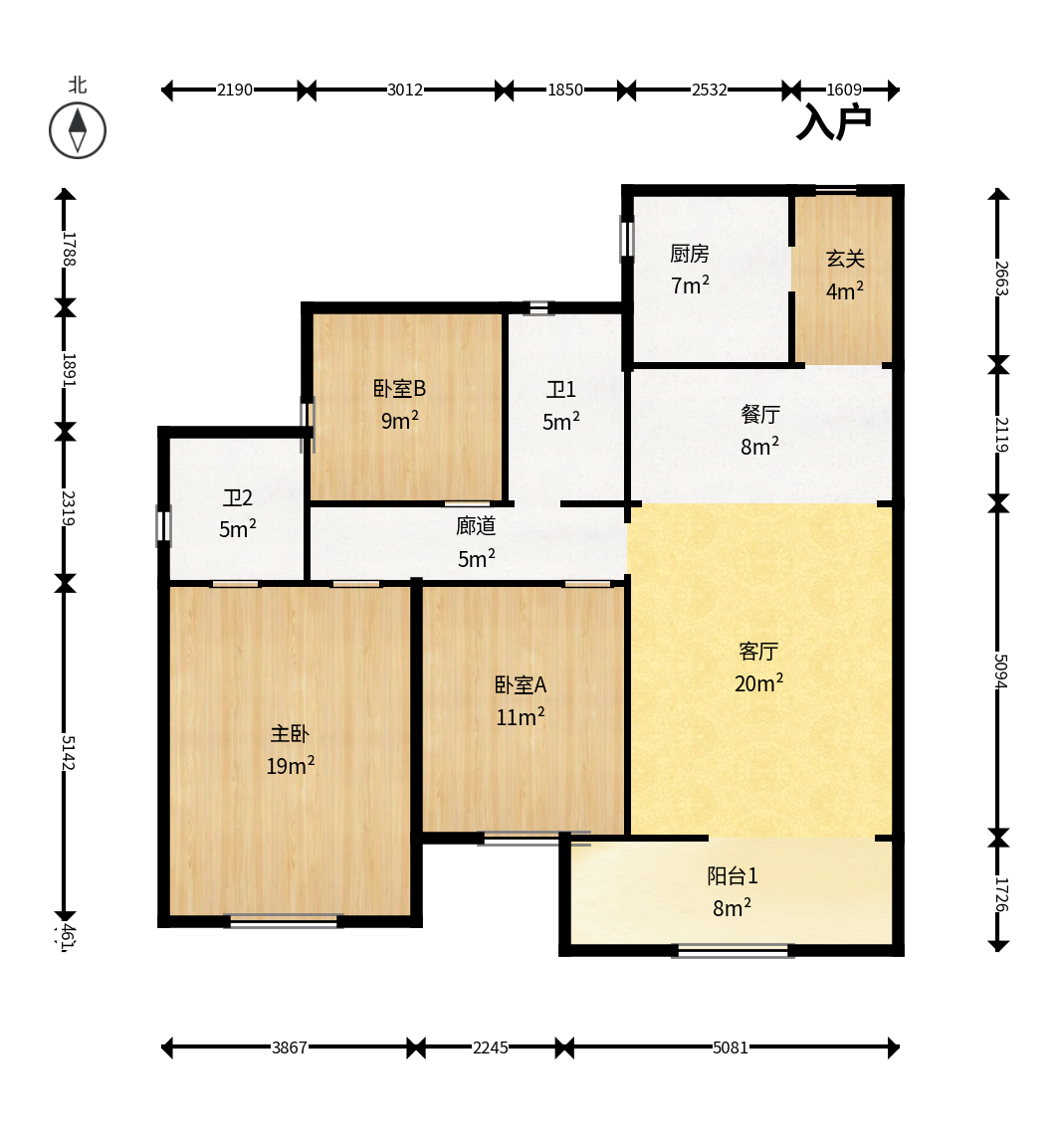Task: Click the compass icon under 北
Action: (78, 130)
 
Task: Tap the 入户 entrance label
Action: (834, 122)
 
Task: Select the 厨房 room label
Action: (690, 254)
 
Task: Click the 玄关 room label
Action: (845, 259)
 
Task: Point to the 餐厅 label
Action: (760, 414)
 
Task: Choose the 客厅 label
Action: (758, 652)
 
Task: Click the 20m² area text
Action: (758, 683)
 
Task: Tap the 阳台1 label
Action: (733, 876)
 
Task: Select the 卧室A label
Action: (521, 685)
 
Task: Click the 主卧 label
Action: (290, 734)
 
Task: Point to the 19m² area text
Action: (290, 766)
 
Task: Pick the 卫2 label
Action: (238, 497)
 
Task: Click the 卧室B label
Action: (399, 389)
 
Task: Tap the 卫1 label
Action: (561, 390)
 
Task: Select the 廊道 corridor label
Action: (476, 526)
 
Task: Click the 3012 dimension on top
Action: (405, 91)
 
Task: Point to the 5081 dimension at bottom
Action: (731, 1047)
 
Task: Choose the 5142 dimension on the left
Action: (67, 752)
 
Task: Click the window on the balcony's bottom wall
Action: (734, 951)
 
